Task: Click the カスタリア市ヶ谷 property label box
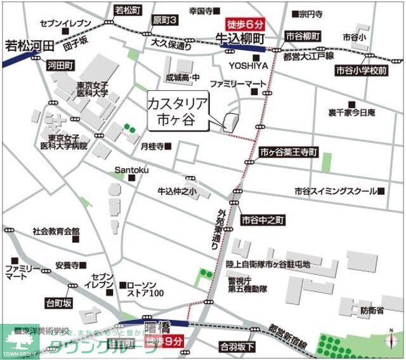179,112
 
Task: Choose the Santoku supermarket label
131,170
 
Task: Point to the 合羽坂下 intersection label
237,347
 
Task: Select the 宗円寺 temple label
312,13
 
